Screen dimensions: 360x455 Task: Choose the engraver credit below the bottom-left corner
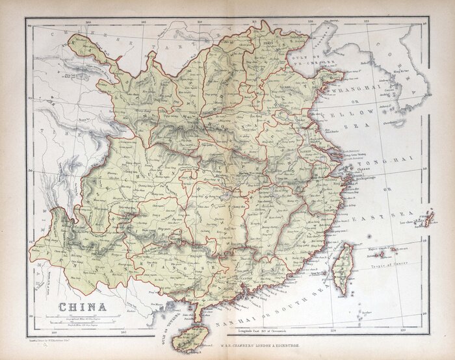pyautogui.click(x=52, y=340)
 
